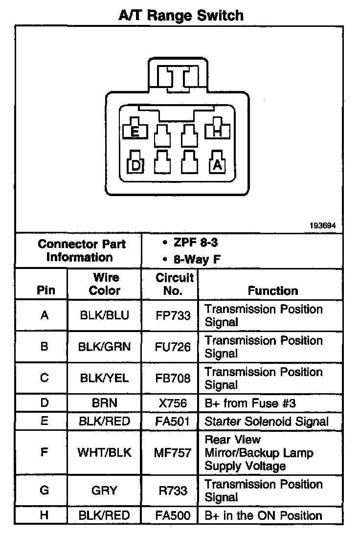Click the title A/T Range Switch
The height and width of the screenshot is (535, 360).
click(x=180, y=15)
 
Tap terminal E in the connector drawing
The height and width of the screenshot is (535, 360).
click(x=135, y=131)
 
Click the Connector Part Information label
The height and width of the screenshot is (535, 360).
click(x=81, y=250)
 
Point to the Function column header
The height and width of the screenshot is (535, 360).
click(x=272, y=290)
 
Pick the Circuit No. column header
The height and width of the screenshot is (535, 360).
click(x=174, y=284)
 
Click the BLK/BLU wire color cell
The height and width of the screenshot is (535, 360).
click(x=104, y=315)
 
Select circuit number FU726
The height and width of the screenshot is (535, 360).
click(x=173, y=347)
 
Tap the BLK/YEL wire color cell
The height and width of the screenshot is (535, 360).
click(x=104, y=378)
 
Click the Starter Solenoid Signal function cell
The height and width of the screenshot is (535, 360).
click(x=267, y=421)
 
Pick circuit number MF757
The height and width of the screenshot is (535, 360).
click(x=173, y=452)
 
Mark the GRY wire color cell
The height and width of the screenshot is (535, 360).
click(x=104, y=490)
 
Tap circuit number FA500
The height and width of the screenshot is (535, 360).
click(x=173, y=515)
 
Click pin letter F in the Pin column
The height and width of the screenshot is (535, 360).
click(x=44, y=452)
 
